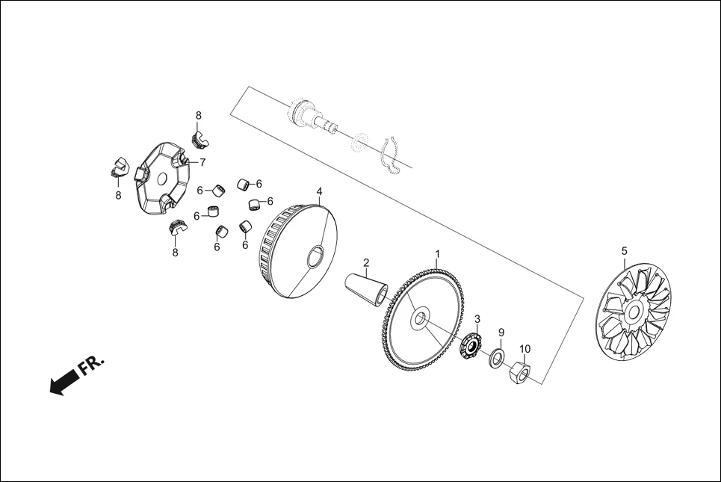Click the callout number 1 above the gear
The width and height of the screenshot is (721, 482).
[438, 254]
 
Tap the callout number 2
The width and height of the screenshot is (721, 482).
[366, 262]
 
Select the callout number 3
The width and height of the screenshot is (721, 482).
[477, 319]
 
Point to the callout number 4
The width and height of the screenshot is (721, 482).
[319, 191]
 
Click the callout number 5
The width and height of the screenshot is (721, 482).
[624, 251]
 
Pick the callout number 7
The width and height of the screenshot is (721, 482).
[202, 162]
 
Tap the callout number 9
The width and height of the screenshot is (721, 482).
[501, 332]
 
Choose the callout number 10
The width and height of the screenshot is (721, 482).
[524, 349]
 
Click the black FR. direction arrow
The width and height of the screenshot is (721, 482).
[64, 381]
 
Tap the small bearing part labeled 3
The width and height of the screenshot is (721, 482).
[471, 346]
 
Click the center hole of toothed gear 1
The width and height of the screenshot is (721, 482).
[419, 318]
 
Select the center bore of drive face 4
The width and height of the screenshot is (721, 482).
[316, 256]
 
